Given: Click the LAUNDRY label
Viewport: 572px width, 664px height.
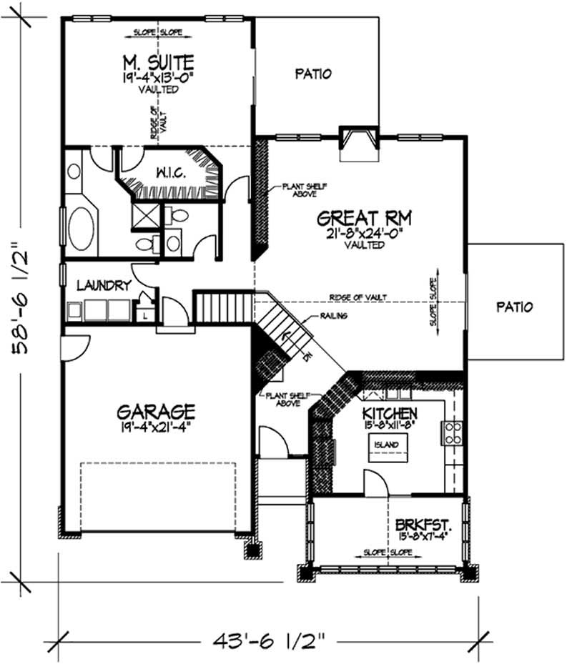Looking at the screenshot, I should click(x=104, y=286).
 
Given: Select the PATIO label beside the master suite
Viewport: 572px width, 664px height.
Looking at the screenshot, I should click(x=313, y=73).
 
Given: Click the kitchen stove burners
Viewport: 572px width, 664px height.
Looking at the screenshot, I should click(x=452, y=432).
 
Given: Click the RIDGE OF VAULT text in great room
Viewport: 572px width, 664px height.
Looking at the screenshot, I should click(x=359, y=297).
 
